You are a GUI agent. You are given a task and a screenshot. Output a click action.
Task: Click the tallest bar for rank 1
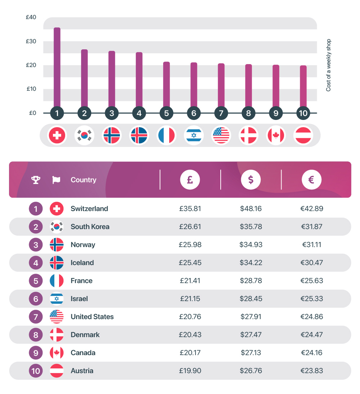[x=57, y=68]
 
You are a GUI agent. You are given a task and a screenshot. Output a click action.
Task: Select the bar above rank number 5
[x=166, y=85]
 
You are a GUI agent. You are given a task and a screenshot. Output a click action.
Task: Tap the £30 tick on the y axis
[x=31, y=41]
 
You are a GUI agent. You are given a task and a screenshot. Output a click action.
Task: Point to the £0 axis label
[x=32, y=113]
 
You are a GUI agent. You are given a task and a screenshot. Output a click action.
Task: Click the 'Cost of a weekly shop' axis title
[x=328, y=65]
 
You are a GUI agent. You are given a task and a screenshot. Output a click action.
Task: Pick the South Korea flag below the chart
[x=84, y=135]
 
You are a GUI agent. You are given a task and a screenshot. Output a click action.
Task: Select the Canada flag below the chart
[x=276, y=135]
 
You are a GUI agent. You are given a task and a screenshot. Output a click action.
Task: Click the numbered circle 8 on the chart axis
[x=248, y=113]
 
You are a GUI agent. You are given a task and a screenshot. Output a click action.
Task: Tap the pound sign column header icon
[x=190, y=179]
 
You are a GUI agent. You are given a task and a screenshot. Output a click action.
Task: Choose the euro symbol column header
[x=311, y=179]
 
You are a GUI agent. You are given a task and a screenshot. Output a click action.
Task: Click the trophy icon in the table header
[x=36, y=180]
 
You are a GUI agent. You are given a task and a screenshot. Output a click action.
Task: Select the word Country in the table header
[x=84, y=180]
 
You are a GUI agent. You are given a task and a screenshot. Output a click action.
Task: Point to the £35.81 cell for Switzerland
[x=190, y=209]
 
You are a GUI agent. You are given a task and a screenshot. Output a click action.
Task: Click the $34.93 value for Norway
[x=251, y=245]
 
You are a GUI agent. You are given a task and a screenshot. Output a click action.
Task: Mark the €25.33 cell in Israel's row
[x=311, y=299]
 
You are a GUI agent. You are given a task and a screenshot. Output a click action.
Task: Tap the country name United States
[x=92, y=317]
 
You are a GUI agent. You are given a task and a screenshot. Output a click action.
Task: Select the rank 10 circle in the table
[x=36, y=371]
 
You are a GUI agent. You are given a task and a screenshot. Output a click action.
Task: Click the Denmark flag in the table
[x=57, y=335]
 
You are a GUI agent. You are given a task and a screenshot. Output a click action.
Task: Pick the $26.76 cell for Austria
[x=251, y=371]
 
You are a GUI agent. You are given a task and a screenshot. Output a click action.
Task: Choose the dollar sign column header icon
[x=251, y=179]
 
